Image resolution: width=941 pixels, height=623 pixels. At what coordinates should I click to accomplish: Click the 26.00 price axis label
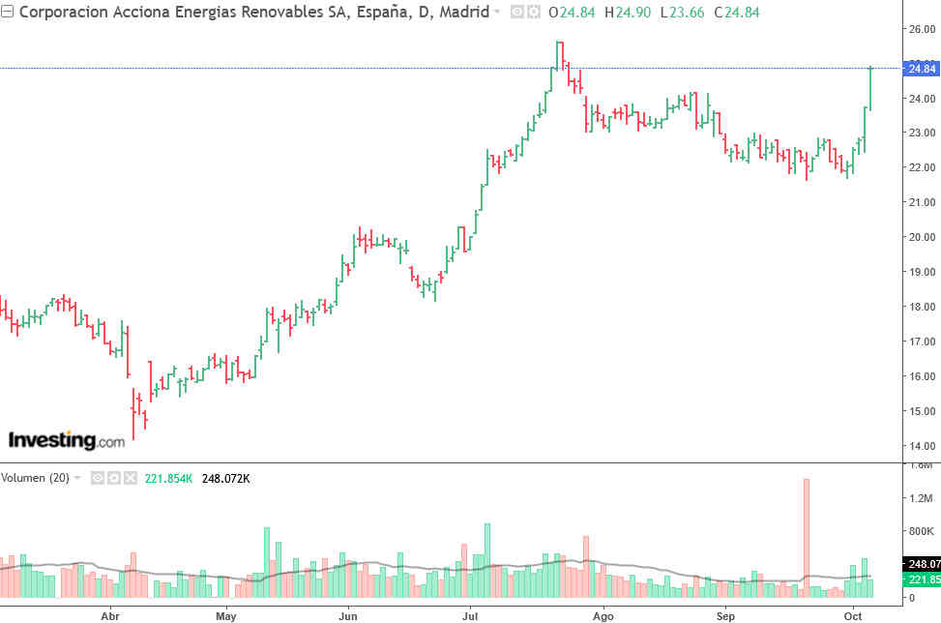[x=921, y=29]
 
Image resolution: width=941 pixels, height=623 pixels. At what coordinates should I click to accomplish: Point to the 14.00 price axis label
[x=921, y=446]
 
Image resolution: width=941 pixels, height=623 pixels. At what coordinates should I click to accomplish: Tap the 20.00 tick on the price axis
[x=921, y=237]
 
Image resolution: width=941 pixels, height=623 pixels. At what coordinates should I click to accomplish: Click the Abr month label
[x=110, y=615]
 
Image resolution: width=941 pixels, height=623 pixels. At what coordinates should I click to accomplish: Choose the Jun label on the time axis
[x=348, y=615]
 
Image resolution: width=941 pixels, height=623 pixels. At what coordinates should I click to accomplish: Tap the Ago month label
[x=603, y=615]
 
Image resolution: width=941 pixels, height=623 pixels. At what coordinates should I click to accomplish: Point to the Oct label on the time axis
[x=853, y=615]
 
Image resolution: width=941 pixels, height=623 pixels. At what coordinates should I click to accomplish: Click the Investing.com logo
[x=67, y=441]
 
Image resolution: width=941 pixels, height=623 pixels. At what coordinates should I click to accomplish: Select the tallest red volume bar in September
[x=806, y=537]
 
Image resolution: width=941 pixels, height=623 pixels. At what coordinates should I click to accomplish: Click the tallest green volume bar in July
[x=487, y=559]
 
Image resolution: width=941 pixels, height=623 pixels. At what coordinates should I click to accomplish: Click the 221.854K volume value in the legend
[x=168, y=478]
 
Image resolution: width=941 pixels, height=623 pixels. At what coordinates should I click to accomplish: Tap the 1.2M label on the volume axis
[x=920, y=498]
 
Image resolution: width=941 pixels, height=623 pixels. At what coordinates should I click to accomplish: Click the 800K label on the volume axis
[x=920, y=532]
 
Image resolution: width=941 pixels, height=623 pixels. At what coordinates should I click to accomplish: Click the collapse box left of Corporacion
[x=8, y=13]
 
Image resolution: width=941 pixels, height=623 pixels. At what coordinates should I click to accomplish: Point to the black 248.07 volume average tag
[x=921, y=563]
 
